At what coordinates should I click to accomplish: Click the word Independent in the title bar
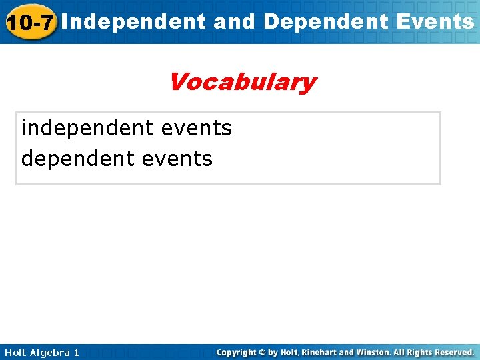137,22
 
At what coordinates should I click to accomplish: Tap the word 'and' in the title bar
235,22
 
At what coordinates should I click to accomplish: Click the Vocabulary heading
241,83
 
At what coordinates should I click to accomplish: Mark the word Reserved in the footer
453,352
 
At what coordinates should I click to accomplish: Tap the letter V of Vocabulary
178,83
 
